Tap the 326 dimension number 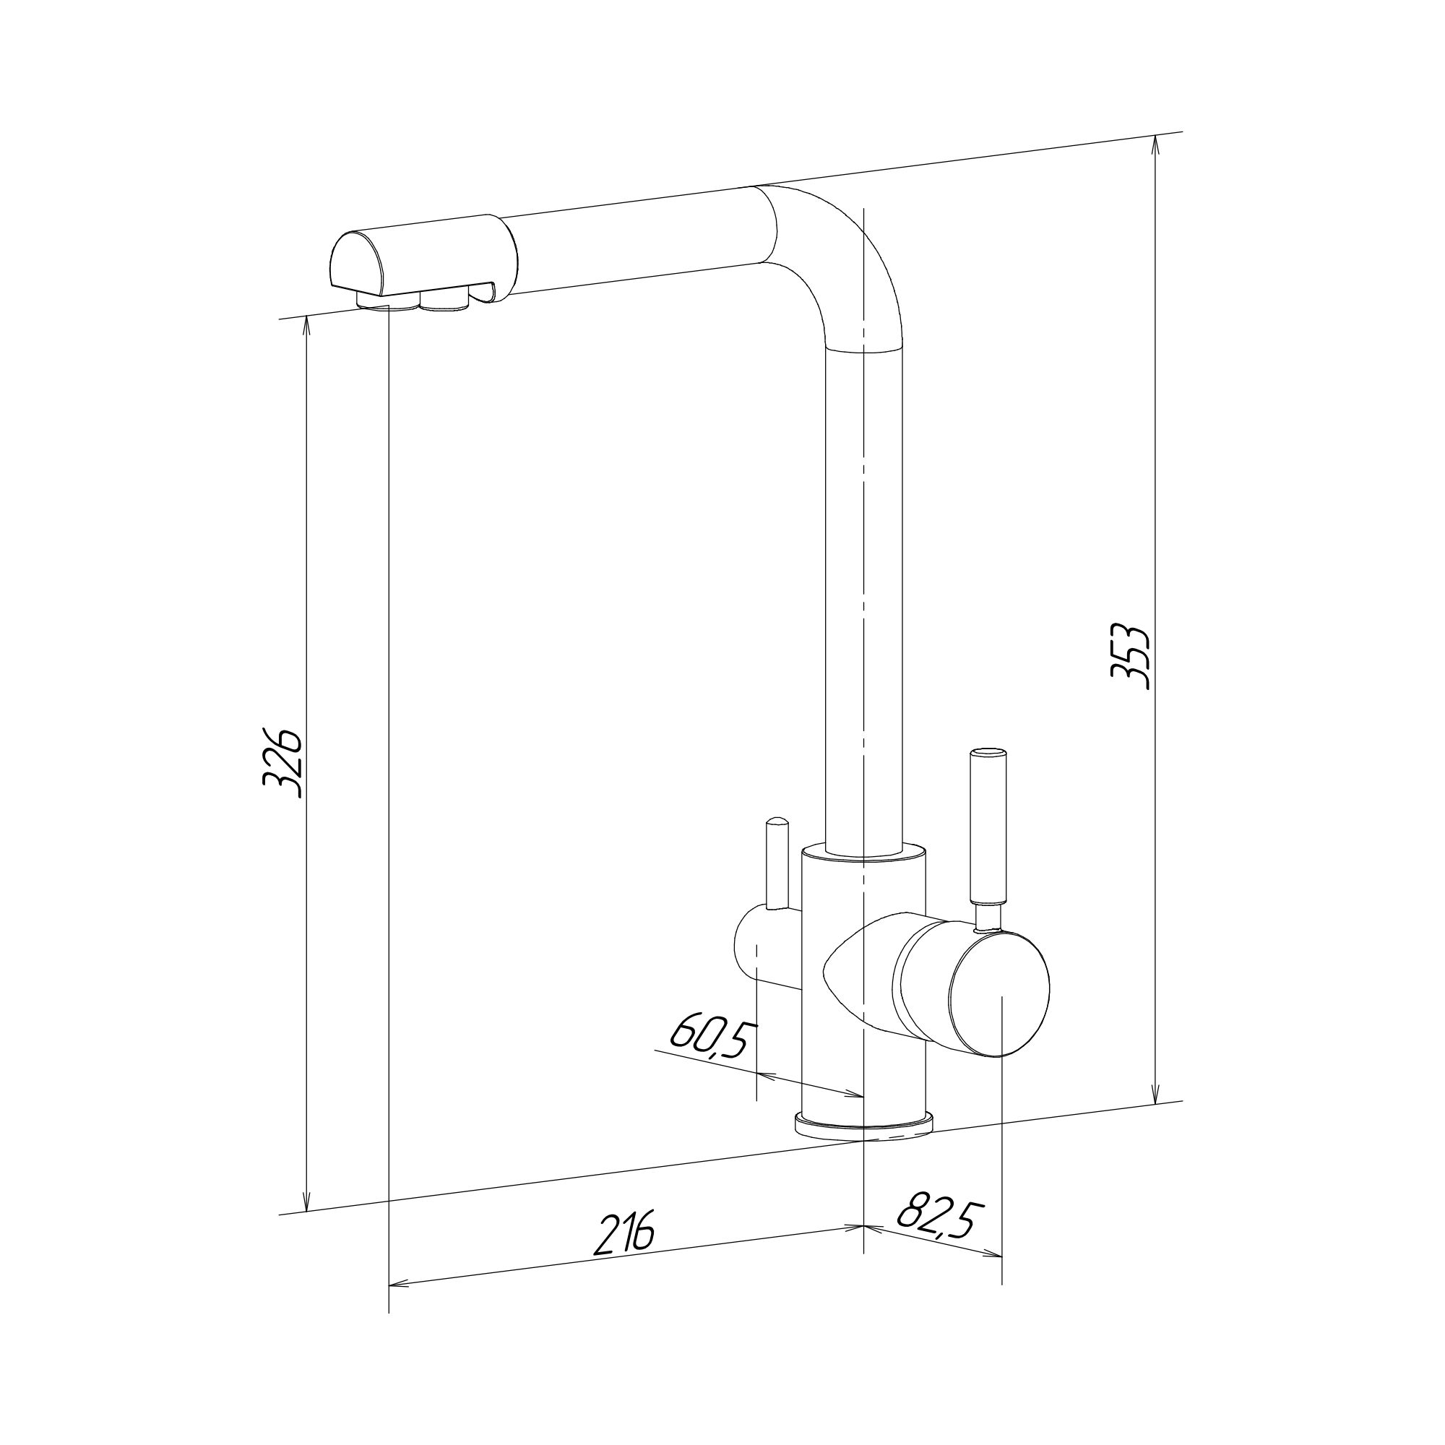coord(283,764)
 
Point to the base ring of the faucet coord(864,1144)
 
